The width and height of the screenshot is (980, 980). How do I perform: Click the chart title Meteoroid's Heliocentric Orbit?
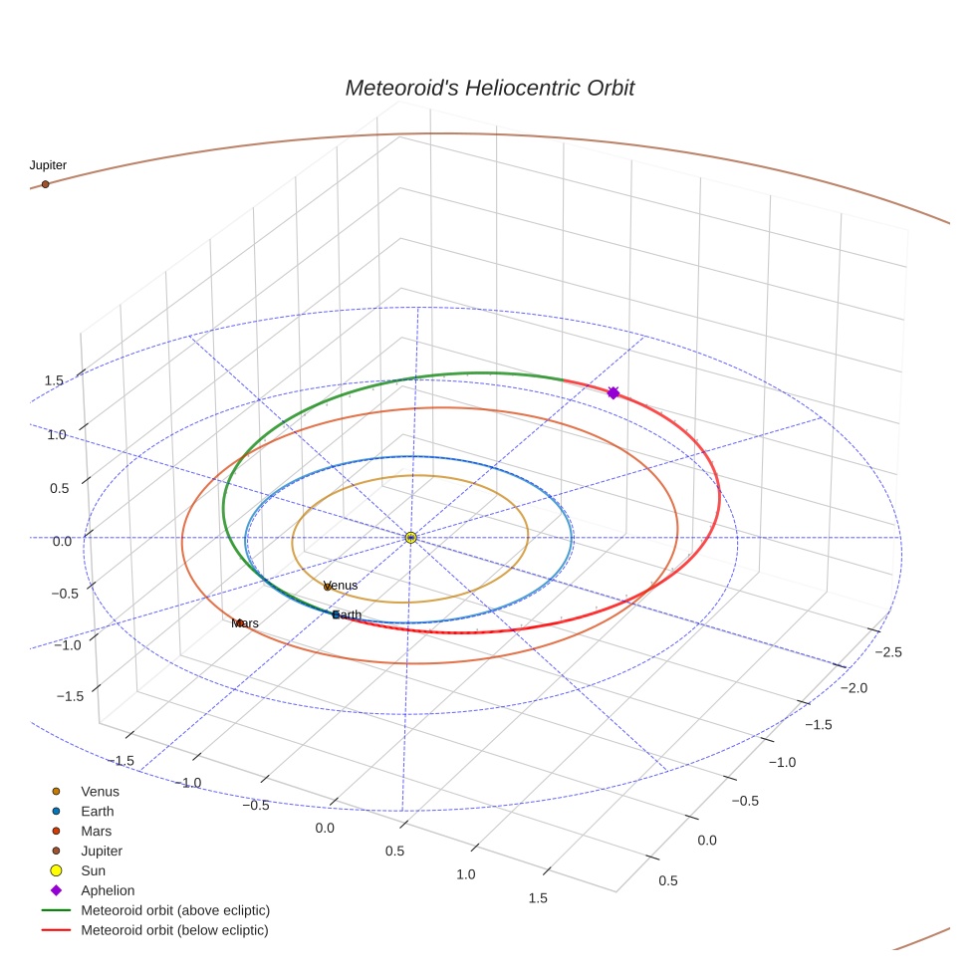pos(489,88)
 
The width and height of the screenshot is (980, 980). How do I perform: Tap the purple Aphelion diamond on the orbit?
pos(612,393)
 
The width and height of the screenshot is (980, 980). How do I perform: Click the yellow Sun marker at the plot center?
pos(411,538)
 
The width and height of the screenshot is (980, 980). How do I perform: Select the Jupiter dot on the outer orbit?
pos(45,184)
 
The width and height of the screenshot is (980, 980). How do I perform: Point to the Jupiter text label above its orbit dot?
pos(48,165)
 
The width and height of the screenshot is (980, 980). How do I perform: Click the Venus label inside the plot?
pos(341,586)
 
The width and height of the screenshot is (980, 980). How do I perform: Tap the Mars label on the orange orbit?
pos(245,623)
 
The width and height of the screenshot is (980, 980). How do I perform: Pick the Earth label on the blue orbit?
pos(348,614)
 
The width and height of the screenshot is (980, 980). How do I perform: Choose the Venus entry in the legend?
pos(100,792)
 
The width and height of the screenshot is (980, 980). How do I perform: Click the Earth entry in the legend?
pos(98,812)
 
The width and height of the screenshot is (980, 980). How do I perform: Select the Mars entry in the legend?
pos(97,831)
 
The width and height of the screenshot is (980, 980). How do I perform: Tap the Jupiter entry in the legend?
pos(102,851)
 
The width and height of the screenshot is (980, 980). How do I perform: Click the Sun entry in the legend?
pos(93,870)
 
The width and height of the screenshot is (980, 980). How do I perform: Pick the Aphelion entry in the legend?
pos(108,890)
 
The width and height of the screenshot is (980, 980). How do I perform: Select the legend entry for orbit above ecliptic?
pos(175,910)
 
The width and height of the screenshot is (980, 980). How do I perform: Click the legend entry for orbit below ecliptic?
pos(174,930)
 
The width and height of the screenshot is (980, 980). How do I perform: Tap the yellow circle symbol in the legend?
pos(57,870)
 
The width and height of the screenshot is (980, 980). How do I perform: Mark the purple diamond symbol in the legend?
pos(57,890)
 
